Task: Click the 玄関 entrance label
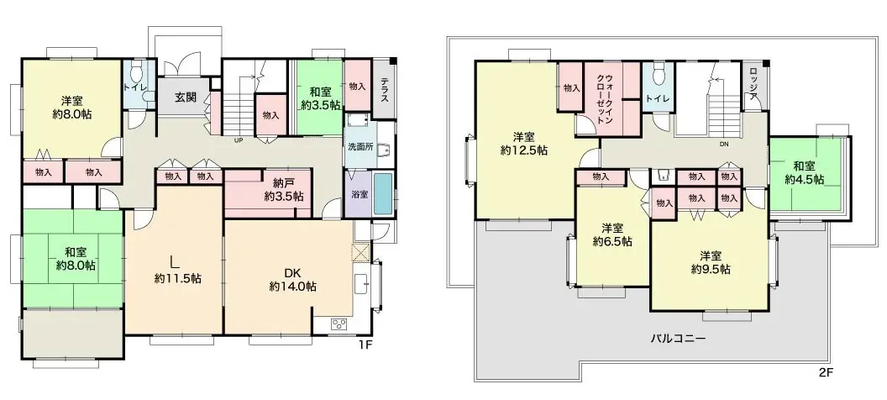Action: (185, 97)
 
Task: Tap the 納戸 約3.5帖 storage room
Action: (268, 193)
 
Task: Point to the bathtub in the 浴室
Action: (382, 194)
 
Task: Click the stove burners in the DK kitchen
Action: (339, 324)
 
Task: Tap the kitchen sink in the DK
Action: (362, 283)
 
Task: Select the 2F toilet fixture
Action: (658, 74)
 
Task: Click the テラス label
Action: (384, 89)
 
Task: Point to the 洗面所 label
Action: (360, 146)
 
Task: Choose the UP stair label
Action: (239, 141)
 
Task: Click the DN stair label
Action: (724, 144)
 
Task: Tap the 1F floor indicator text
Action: (365, 344)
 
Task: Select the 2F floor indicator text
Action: (827, 372)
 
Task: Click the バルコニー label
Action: (677, 339)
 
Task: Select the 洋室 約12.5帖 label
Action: (523, 144)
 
